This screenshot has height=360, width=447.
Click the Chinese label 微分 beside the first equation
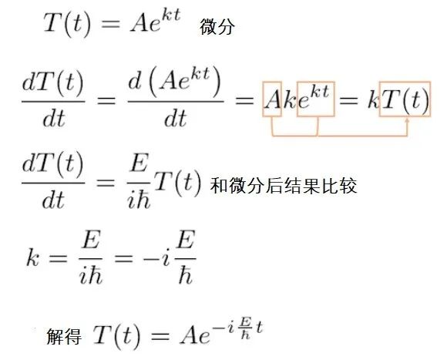click(x=217, y=27)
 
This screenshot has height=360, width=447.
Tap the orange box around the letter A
click(x=272, y=82)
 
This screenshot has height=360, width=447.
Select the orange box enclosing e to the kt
click(x=315, y=82)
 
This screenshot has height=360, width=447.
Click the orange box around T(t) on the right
click(x=405, y=82)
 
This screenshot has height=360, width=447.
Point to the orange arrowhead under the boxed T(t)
click(x=408, y=121)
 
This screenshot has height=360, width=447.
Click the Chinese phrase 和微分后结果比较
click(x=284, y=186)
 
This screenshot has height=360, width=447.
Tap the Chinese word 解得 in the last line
click(x=64, y=336)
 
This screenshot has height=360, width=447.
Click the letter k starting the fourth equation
click(x=32, y=257)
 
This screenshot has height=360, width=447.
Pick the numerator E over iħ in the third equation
click(x=139, y=162)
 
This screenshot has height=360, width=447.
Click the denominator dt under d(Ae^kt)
click(x=175, y=118)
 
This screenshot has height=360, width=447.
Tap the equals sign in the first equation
click(x=111, y=23)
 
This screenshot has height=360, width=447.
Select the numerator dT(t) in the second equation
click(x=52, y=83)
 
